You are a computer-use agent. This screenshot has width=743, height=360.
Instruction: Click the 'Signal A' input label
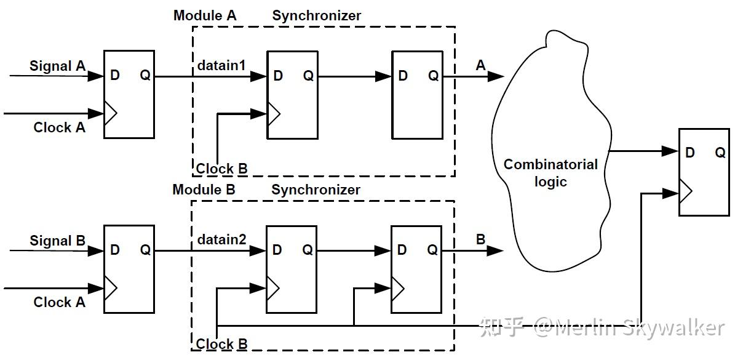pos(58,66)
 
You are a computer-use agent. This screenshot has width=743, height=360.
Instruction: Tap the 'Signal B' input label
pos(58,241)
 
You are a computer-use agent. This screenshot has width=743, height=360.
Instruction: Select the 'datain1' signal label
pos(221,65)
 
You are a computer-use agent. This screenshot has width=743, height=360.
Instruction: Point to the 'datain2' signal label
pos(221,239)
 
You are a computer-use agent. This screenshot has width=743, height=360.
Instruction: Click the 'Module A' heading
pos(205,15)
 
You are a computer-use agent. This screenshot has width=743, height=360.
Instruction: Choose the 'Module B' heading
pos(204,190)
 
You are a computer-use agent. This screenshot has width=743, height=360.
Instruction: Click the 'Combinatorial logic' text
pos(550,173)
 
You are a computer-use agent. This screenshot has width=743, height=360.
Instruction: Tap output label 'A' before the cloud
pos(480,65)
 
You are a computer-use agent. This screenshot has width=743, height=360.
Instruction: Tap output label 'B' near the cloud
pos(480,239)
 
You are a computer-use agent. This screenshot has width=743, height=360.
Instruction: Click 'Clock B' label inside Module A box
pos(221,169)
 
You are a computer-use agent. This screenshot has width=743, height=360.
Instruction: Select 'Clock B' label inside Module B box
pos(221,344)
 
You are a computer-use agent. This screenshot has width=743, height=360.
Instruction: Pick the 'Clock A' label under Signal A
pos(60,127)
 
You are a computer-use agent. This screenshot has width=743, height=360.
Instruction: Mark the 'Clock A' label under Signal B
pos(60,302)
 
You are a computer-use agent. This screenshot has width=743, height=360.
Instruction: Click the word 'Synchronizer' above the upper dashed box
pos(316,16)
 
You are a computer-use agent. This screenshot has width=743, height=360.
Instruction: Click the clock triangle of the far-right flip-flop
pos(685,191)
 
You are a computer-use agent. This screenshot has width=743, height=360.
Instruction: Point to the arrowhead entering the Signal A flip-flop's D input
pos(95,76)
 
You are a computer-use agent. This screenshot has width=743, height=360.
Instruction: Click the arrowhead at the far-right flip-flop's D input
pos(670,151)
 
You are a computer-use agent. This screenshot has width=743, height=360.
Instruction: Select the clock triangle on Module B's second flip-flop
pos(398,289)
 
